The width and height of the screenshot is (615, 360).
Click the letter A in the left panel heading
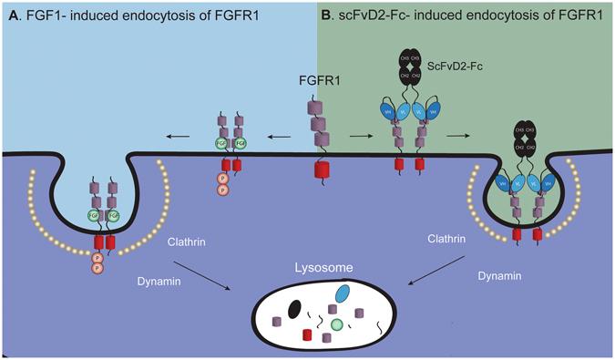10,12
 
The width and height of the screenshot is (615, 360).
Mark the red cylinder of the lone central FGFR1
320,171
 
